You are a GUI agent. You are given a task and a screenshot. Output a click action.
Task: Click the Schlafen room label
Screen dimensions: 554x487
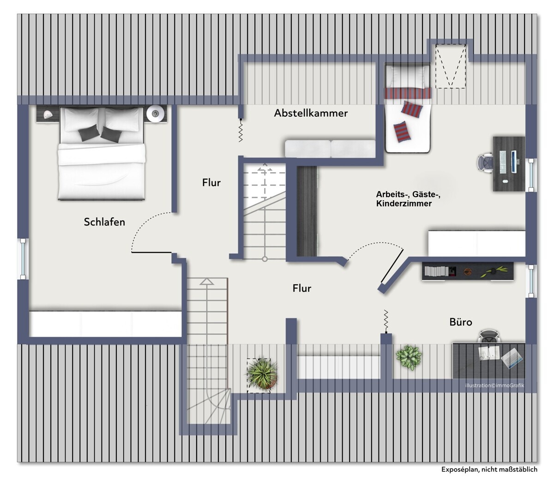click(x=104, y=222)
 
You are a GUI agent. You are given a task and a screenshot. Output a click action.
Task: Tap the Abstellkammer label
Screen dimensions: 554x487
click(x=311, y=113)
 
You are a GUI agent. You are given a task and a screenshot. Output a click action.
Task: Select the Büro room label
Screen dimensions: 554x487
click(x=460, y=322)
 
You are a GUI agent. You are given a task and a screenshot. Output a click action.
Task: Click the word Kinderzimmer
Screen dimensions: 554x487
click(x=403, y=204)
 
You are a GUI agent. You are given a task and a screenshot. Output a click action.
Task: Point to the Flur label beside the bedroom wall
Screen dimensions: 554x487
click(x=211, y=183)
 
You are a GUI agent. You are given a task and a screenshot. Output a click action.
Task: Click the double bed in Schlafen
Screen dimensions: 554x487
click(x=102, y=153)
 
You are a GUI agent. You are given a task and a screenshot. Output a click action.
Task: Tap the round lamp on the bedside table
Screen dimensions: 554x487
click(x=156, y=113)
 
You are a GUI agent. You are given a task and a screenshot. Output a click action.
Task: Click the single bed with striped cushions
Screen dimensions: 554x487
click(x=408, y=108)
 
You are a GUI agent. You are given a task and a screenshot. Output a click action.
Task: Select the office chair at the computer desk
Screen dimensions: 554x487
click(x=485, y=163)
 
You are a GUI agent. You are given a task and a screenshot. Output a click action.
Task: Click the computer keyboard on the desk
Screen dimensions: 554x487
click(x=502, y=162)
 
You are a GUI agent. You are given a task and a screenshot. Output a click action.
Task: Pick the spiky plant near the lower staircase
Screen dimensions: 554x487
click(x=262, y=373)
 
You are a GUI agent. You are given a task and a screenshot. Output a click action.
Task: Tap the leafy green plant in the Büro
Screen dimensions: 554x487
click(x=409, y=358)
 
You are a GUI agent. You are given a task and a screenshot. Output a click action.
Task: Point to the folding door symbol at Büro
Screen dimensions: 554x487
click(x=386, y=321)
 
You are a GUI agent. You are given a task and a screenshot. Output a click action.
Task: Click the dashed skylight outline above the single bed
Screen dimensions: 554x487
click(x=451, y=66)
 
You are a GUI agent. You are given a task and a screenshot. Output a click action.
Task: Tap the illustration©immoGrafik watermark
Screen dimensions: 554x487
click(x=494, y=385)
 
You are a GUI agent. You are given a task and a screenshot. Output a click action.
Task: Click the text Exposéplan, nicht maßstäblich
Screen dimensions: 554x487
click(x=489, y=469)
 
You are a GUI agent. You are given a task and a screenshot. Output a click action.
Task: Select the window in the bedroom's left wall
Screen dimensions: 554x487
click(x=23, y=259)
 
